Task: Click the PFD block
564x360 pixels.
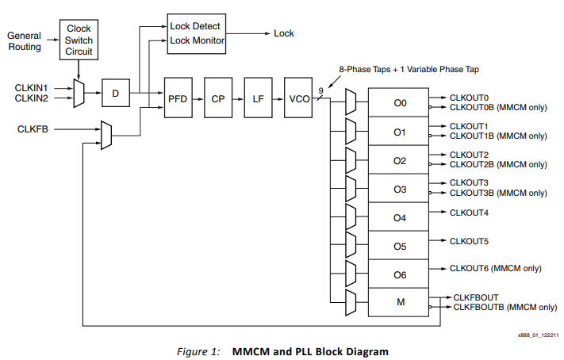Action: [x=178, y=98]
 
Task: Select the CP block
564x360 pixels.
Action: [x=218, y=98]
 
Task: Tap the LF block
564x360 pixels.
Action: [x=258, y=98]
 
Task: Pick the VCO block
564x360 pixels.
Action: [x=299, y=98]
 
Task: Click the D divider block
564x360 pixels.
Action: [x=115, y=94]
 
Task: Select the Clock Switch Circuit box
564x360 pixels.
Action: [x=79, y=40]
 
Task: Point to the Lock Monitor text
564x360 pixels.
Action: [x=198, y=40]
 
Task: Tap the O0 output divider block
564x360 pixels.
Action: [x=400, y=103]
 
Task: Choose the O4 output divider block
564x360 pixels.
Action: [x=400, y=217]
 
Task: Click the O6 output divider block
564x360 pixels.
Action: [x=400, y=274]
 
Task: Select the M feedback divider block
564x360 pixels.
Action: [x=400, y=303]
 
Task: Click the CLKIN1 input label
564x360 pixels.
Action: [x=31, y=87]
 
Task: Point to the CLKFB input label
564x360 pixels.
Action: [x=33, y=127]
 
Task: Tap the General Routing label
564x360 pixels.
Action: [x=24, y=42]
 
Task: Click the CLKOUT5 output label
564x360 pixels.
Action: [x=469, y=240]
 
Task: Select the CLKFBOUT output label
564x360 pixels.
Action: [x=475, y=297]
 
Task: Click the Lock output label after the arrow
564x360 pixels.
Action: [x=284, y=33]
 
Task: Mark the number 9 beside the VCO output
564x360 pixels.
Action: [x=320, y=90]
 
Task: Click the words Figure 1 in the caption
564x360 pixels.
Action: [x=197, y=350]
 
